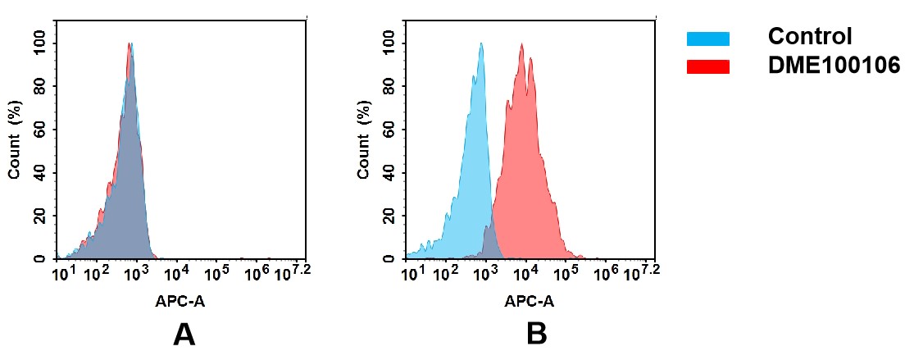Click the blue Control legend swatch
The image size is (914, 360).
(x=707, y=39)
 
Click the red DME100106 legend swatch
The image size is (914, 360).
(x=707, y=67)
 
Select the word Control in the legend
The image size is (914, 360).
(x=810, y=37)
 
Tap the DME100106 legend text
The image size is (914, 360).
(x=834, y=66)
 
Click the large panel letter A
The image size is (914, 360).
(x=184, y=334)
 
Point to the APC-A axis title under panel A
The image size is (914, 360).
(x=180, y=301)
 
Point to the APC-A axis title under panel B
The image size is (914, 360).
(x=529, y=301)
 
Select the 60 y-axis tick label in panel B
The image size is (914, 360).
(x=389, y=129)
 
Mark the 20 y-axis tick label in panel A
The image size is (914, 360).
(x=39, y=216)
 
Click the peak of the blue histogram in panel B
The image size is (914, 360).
(x=482, y=44)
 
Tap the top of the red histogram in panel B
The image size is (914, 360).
(x=521, y=45)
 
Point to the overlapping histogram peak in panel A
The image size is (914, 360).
(x=130, y=45)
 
